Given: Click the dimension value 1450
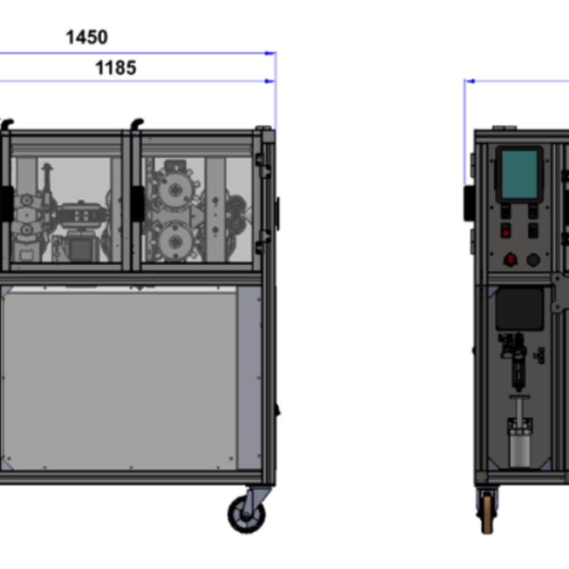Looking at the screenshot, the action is click(x=86, y=37).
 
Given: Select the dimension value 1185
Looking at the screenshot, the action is click(x=116, y=68).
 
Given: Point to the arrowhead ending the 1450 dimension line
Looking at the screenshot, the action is click(x=270, y=53).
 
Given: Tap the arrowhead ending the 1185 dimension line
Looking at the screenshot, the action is click(x=270, y=81).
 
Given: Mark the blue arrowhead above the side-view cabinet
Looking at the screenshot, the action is click(x=470, y=81).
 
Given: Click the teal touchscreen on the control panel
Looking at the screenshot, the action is click(x=519, y=174).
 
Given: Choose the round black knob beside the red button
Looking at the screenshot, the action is click(x=533, y=260).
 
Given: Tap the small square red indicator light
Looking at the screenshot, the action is click(x=505, y=232).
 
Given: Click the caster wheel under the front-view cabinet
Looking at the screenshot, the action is click(x=247, y=514).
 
